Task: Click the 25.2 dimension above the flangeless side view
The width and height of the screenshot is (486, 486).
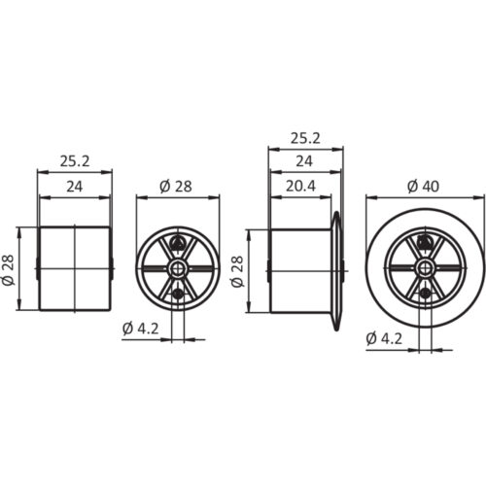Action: pos(74,157)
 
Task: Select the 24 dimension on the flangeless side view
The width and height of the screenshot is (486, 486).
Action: pos(74,188)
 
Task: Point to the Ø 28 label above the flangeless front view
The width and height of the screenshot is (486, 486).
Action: pos(176,188)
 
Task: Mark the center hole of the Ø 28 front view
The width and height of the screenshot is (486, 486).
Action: pos(177,268)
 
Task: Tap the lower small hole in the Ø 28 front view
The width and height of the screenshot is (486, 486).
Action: pos(177,294)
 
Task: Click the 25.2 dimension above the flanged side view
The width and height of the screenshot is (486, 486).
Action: pos(305,138)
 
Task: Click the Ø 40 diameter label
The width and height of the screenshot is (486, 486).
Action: pos(425,184)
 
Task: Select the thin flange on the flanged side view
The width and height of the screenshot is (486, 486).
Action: pos(339,268)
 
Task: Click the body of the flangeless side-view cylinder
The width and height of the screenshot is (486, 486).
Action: pos(74,268)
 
